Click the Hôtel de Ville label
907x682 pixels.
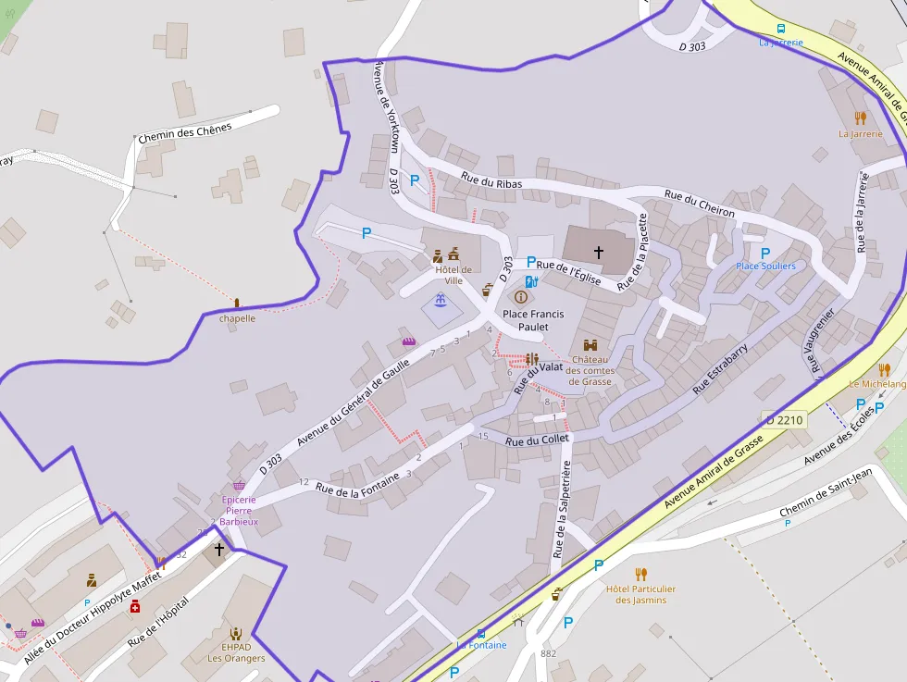click(x=453, y=275)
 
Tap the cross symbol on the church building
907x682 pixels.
click(x=599, y=252)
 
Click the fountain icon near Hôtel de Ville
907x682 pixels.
click(x=441, y=301)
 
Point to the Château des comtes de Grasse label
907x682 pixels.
click(x=590, y=370)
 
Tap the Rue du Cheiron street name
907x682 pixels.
click(x=699, y=205)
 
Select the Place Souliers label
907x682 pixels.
click(x=765, y=267)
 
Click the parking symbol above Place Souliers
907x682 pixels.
click(x=764, y=253)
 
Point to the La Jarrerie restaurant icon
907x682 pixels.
click(x=861, y=118)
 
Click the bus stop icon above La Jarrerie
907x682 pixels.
click(x=781, y=29)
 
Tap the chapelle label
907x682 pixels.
click(x=237, y=318)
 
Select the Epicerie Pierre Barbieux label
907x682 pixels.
click(x=240, y=510)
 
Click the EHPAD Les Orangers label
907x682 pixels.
click(x=236, y=652)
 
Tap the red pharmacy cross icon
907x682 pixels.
click(x=135, y=606)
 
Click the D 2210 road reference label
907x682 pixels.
click(x=784, y=419)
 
